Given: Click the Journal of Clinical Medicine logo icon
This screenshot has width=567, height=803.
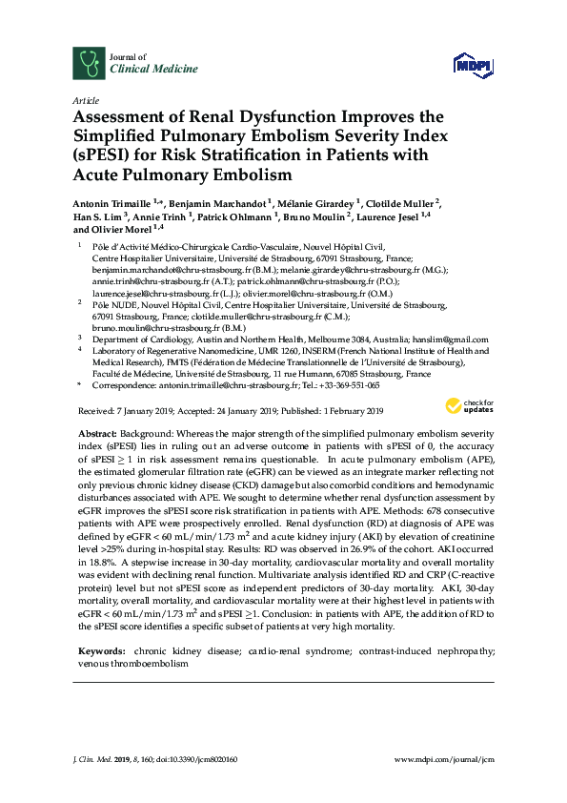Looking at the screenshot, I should pyautogui.click(x=89, y=63).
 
